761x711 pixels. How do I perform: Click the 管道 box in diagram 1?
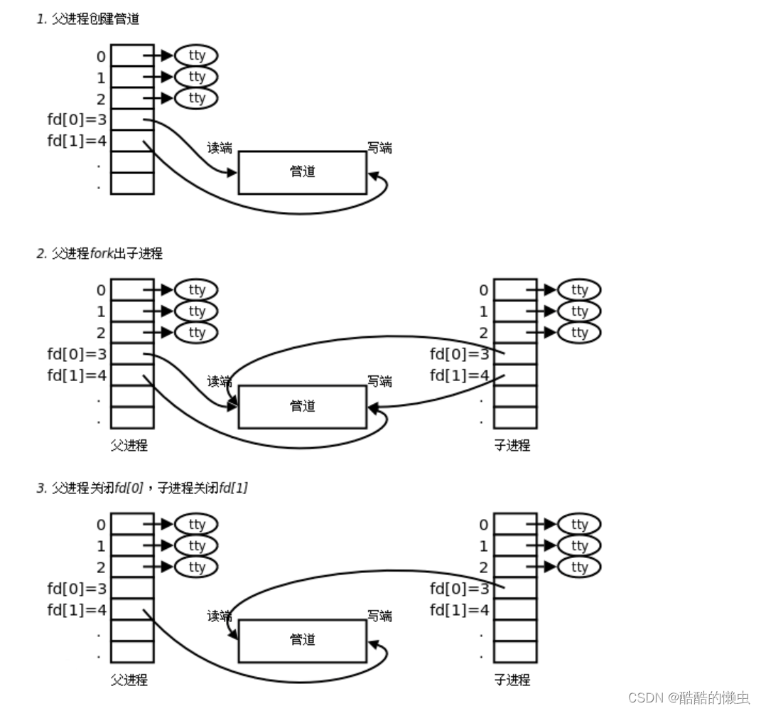coord(302,172)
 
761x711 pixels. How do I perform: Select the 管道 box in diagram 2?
coord(302,407)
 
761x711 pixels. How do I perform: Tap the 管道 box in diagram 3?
coord(302,641)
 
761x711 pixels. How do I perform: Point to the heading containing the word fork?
coord(99,253)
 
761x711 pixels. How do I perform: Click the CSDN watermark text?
coord(689,697)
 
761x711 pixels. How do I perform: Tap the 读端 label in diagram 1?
coord(220,148)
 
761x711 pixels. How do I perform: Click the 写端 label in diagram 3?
coord(379,616)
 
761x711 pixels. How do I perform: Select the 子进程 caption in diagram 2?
coord(512,446)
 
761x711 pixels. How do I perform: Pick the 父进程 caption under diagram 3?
coord(129,680)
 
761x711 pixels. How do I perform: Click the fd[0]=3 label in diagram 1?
coord(77,119)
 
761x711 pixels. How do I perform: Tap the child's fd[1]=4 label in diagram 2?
coord(460,375)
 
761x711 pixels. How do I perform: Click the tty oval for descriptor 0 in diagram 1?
coord(196,55)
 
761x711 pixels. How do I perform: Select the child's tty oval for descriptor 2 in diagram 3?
coord(579,567)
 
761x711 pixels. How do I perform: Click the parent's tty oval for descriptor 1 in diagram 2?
coord(196,311)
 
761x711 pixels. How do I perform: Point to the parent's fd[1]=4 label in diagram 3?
coord(77,609)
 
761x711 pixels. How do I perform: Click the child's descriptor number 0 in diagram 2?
coord(484,290)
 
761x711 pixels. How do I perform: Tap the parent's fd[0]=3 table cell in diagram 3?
coord(132,588)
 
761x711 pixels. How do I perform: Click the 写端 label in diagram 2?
coord(379,382)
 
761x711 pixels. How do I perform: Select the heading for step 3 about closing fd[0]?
coord(142,488)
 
